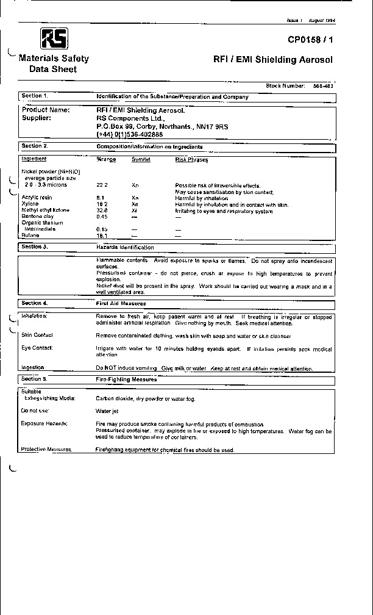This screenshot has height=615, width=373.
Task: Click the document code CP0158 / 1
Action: [x=311, y=40]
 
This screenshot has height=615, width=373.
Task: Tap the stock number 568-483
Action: [x=323, y=86]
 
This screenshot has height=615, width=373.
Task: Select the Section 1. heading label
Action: [x=35, y=96]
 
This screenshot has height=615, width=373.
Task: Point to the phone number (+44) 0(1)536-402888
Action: [x=130, y=134]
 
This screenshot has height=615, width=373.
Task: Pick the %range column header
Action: [x=106, y=160]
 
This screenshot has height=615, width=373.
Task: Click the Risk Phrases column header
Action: [x=191, y=160]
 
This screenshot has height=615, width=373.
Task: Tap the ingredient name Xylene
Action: [x=30, y=204]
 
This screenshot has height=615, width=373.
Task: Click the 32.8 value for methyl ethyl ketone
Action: [x=102, y=210]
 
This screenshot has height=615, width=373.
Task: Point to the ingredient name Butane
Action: [x=30, y=235]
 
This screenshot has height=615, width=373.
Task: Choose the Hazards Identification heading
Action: [x=125, y=247]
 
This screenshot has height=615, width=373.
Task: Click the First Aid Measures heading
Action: [x=121, y=303]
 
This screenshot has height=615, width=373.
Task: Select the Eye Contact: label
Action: [x=37, y=348]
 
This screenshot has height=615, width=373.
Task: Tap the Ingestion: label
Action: [x=33, y=368]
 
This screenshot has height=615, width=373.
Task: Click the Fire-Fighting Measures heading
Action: [x=126, y=379]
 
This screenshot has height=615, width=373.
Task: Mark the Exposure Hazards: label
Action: [x=44, y=423]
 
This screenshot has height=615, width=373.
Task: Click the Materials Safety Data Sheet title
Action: [x=54, y=64]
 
